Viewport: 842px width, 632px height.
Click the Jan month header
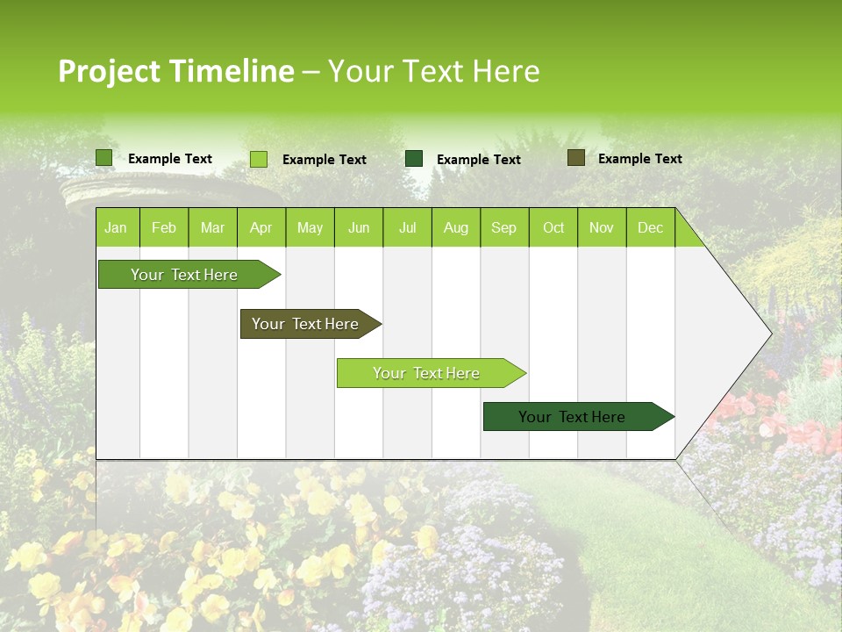[x=116, y=227]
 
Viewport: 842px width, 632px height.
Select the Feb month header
[x=164, y=227]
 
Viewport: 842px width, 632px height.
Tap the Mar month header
[x=212, y=227]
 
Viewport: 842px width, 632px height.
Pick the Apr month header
[x=261, y=227]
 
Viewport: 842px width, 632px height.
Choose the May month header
[x=310, y=227]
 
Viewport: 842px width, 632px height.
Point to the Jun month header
[x=359, y=227]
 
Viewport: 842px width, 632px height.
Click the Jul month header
[x=407, y=227]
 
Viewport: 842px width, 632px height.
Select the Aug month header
[x=456, y=227]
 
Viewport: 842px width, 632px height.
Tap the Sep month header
[x=504, y=227]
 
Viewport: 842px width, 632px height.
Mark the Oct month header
[x=553, y=227]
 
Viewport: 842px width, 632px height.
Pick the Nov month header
[x=602, y=227]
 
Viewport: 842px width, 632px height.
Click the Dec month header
[x=651, y=227]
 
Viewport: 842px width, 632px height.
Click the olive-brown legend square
[x=576, y=158]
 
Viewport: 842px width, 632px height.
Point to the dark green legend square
[x=414, y=159]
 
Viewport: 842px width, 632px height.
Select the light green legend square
[x=259, y=159]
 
